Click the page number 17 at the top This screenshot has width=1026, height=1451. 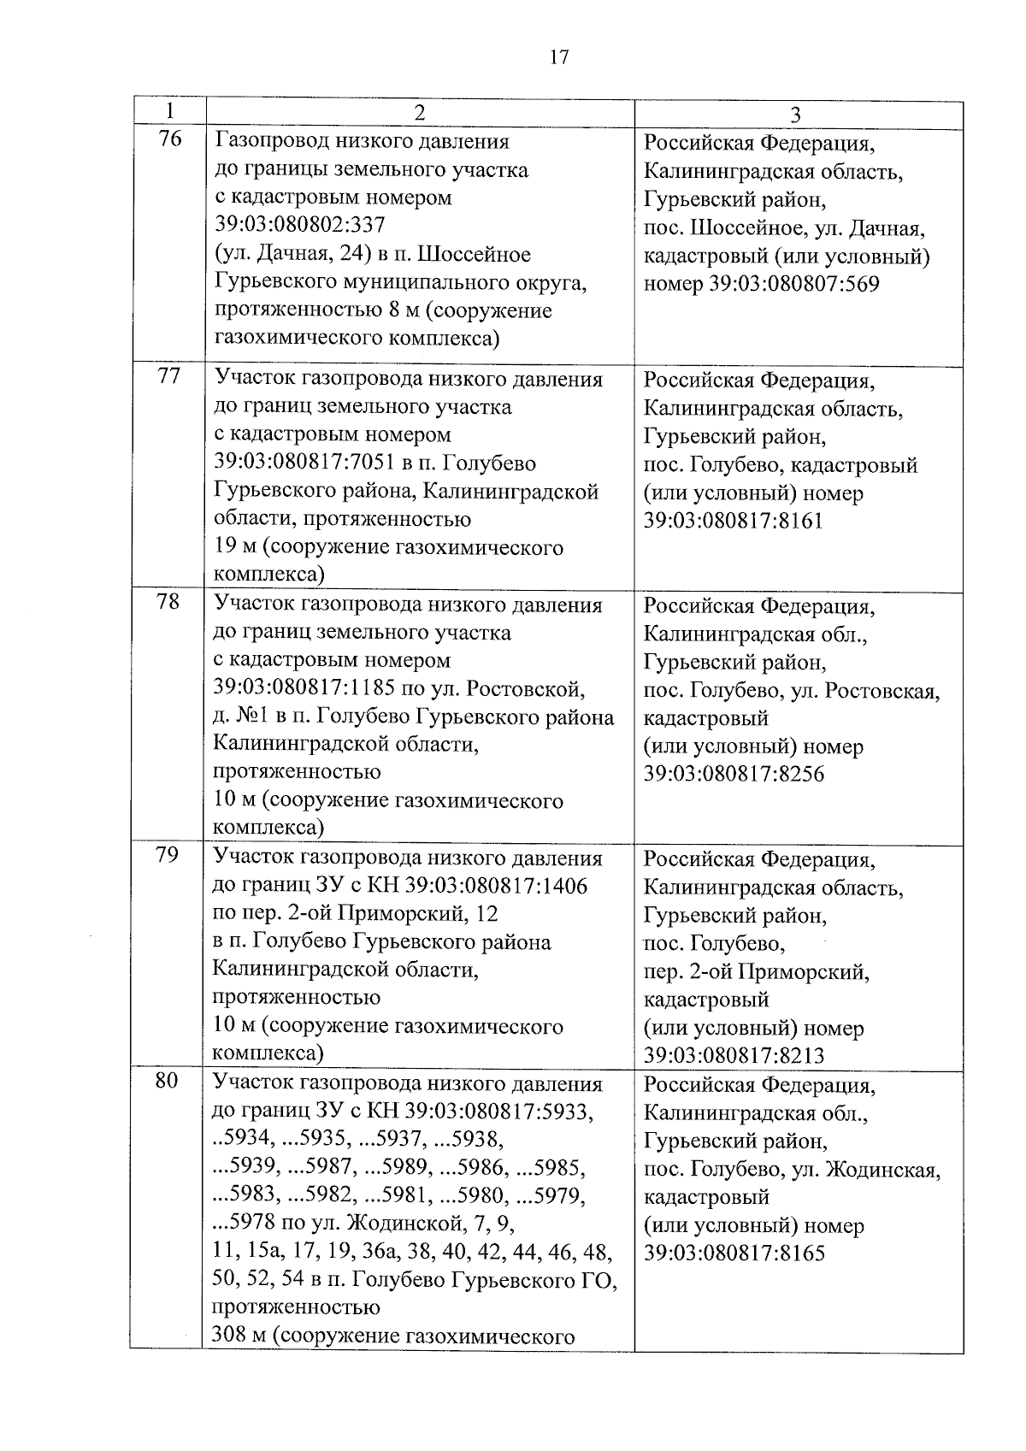point(558,58)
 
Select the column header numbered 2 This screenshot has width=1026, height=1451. point(419,114)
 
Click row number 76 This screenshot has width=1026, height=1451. point(170,139)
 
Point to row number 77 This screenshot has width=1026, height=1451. point(169,376)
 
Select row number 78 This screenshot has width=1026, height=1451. point(168,602)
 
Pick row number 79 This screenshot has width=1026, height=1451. point(168,855)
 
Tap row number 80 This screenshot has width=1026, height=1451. point(167,1081)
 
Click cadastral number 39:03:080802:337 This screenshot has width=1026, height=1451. point(299,226)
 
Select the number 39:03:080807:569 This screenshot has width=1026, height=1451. point(794,285)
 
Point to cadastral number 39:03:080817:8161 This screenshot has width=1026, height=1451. point(733,522)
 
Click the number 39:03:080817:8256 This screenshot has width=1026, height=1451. point(734,775)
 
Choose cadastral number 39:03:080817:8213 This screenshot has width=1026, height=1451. point(734,1056)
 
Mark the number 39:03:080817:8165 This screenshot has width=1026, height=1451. point(734,1254)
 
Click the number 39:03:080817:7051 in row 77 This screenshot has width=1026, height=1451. point(303,464)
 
